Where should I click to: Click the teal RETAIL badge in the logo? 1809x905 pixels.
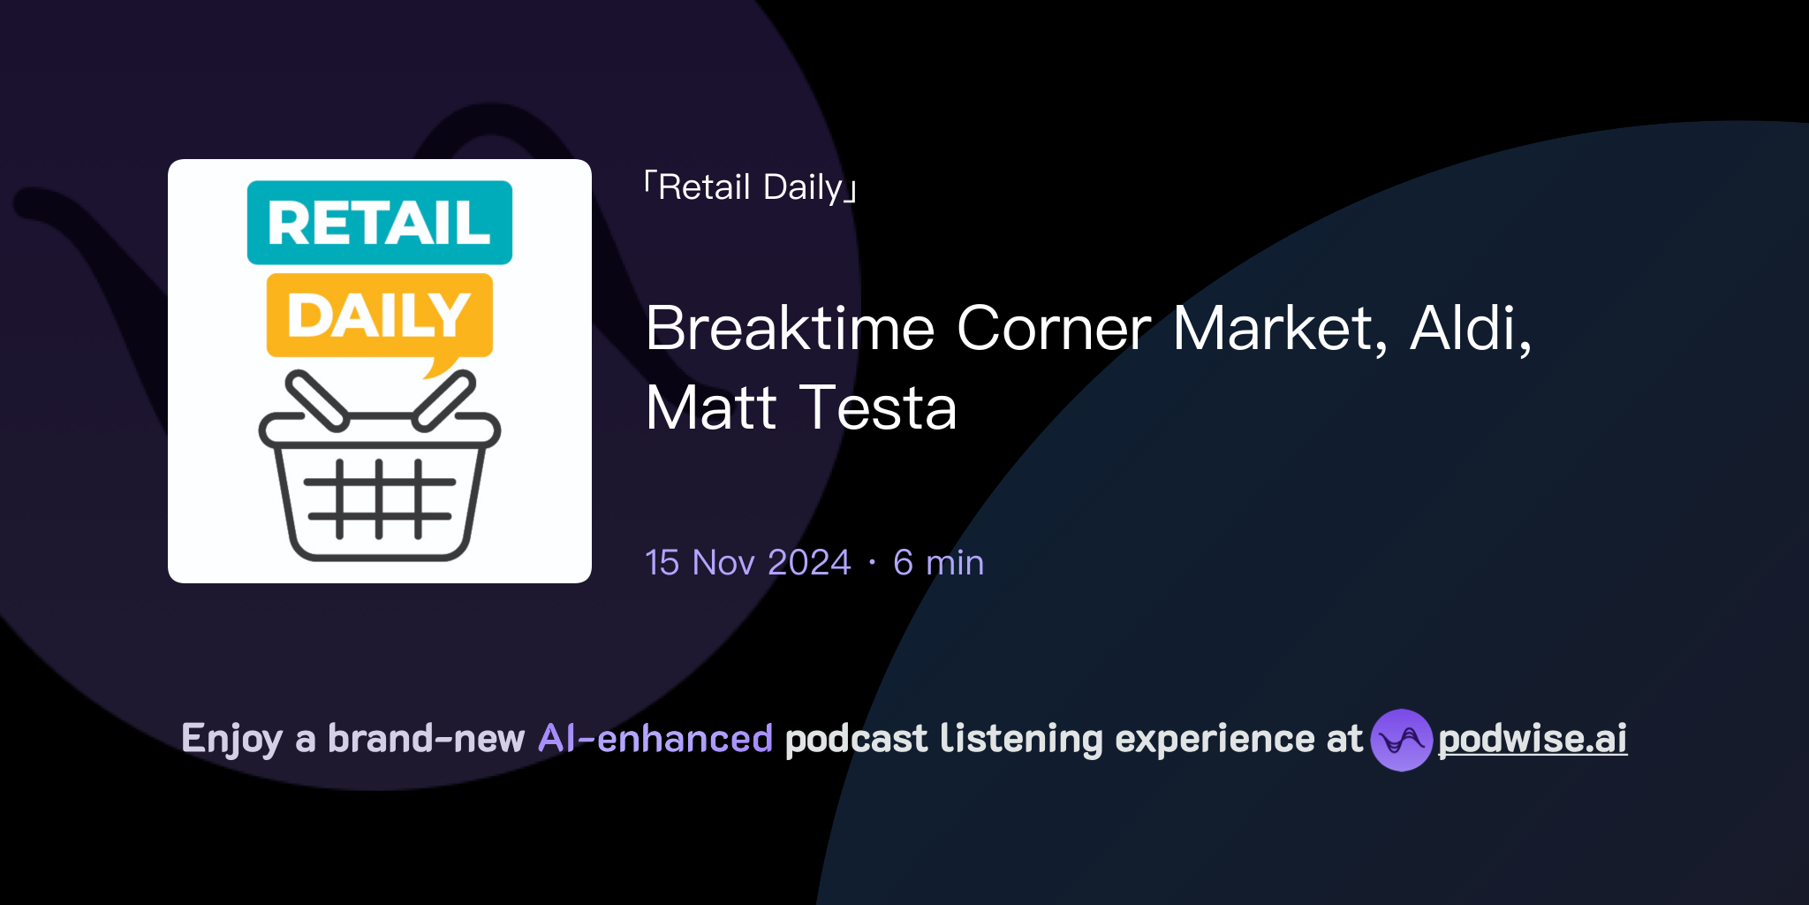click(380, 223)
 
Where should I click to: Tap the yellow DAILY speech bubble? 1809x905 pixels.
click(380, 316)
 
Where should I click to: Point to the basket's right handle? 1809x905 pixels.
click(444, 400)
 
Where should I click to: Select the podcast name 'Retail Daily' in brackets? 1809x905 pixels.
click(751, 187)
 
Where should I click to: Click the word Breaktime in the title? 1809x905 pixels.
click(790, 329)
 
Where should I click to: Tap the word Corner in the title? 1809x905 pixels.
click(1054, 329)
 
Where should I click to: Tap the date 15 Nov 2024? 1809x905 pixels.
click(747, 563)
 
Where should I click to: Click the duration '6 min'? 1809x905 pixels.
click(938, 563)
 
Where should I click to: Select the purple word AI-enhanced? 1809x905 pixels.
click(655, 739)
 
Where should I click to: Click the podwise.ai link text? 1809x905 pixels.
click(1533, 739)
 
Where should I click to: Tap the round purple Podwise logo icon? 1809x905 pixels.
click(1401, 740)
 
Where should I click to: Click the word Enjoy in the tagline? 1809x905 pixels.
click(231, 739)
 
